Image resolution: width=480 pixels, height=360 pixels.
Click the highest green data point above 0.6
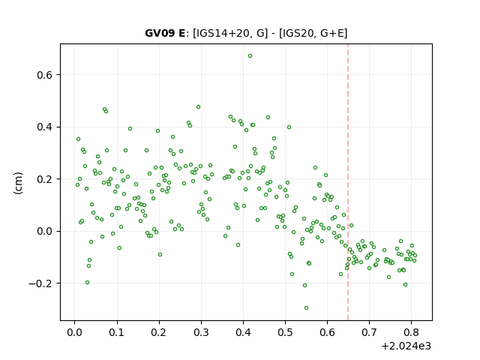tap(250, 56)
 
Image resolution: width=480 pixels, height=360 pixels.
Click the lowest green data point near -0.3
tap(306, 308)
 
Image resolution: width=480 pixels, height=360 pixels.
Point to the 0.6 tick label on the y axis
tap(45, 75)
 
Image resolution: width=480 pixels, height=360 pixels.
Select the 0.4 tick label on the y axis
tap(45, 127)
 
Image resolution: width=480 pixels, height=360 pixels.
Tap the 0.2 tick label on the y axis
tap(45, 179)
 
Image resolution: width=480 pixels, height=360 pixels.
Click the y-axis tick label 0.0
tap(45, 232)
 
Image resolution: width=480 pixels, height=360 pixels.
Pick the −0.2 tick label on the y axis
tap(40, 283)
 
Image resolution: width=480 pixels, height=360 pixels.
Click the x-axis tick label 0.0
tap(75, 332)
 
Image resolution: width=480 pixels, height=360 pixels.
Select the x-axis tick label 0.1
tap(117, 332)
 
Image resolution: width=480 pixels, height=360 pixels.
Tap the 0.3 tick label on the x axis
tap(201, 332)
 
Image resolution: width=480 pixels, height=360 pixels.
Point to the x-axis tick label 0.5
tap(285, 332)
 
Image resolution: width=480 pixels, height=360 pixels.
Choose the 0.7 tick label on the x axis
tap(370, 332)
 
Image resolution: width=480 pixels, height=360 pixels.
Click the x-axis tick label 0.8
tap(412, 332)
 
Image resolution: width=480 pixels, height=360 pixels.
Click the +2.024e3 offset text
tap(406, 346)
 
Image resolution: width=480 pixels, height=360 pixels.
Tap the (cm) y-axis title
tap(18, 183)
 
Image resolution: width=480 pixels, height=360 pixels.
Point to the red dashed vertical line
tap(348, 182)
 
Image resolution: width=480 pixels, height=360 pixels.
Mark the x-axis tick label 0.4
tap(243, 332)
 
